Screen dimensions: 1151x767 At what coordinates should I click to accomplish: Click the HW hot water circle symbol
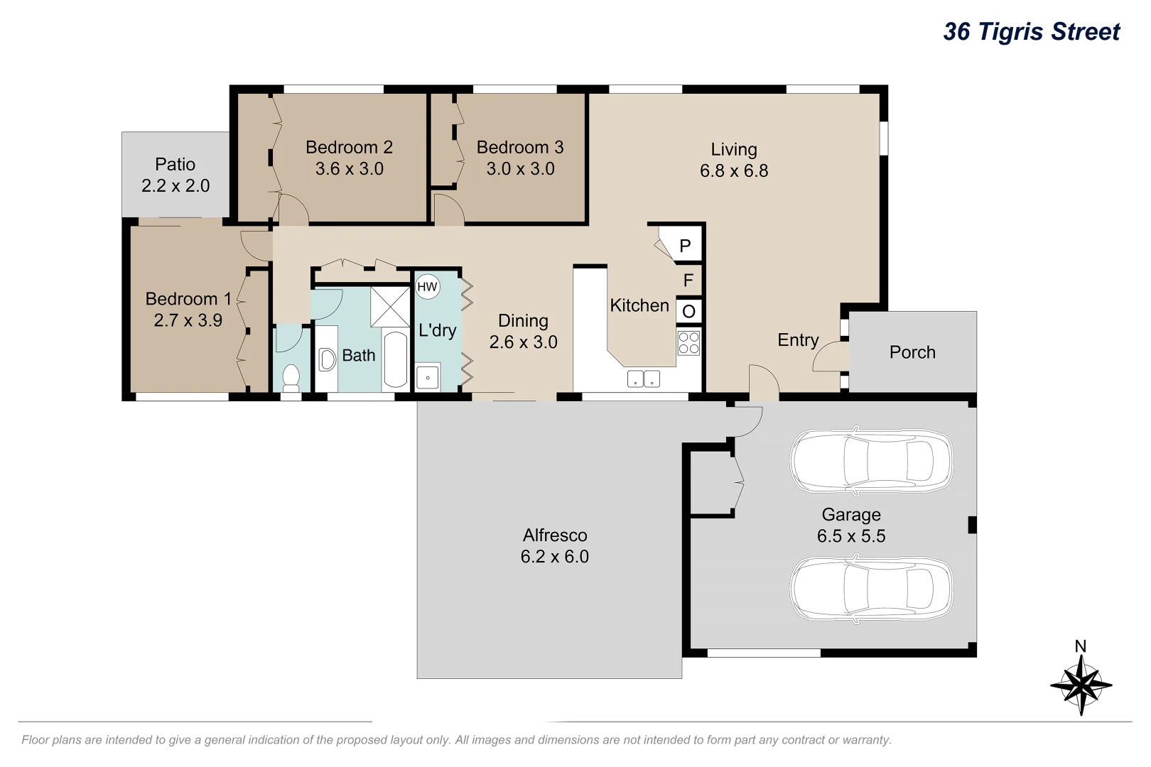[x=427, y=286]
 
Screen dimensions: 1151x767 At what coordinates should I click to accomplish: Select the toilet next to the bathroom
[x=291, y=376]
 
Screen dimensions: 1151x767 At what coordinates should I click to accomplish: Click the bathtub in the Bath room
[x=396, y=359]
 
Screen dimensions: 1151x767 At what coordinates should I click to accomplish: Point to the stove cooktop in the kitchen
[x=688, y=342]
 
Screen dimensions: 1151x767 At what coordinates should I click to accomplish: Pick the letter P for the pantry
[x=685, y=246]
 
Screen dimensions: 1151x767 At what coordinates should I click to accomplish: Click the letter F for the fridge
[x=688, y=280]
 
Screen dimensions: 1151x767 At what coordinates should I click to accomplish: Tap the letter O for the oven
[x=688, y=311]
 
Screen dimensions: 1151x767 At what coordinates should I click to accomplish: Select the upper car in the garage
[x=872, y=460]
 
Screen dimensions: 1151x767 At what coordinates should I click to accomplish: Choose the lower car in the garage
[x=872, y=588]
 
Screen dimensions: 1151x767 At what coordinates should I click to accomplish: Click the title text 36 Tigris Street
[x=1031, y=32]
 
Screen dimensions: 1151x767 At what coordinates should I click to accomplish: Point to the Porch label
[x=912, y=352]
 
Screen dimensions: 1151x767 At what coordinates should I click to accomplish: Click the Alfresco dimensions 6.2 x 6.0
[x=554, y=556]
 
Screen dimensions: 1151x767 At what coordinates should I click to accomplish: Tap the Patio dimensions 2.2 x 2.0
[x=175, y=185]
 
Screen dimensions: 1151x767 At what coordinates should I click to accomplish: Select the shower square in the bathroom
[x=390, y=307]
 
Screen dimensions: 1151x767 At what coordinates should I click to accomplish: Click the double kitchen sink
[x=643, y=379]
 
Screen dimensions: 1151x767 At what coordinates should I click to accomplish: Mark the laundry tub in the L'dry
[x=428, y=376]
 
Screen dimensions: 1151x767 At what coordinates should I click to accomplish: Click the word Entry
[x=798, y=340]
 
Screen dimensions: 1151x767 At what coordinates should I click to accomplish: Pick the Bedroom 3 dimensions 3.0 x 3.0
[x=520, y=168]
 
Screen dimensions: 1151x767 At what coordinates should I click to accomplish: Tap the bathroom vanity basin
[x=326, y=359]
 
